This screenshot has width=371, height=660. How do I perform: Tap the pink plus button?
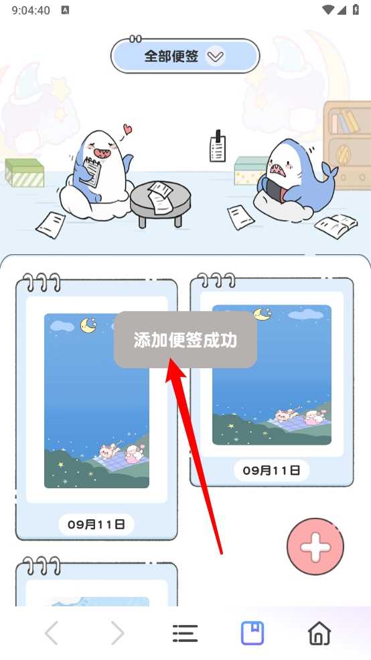[x=315, y=547]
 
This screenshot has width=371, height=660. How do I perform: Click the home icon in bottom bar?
[x=319, y=632]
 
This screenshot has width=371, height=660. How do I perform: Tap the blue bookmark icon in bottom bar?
[x=252, y=633]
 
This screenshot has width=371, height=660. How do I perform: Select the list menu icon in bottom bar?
[x=185, y=633]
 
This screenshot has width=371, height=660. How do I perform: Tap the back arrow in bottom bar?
[x=52, y=633]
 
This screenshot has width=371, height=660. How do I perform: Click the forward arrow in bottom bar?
[x=118, y=633]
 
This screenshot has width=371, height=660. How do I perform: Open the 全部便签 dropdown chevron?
[x=216, y=56]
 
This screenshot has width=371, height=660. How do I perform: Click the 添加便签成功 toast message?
[x=185, y=339]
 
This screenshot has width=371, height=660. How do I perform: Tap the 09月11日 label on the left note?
[x=96, y=524]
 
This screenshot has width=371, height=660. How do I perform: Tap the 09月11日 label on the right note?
[x=271, y=470]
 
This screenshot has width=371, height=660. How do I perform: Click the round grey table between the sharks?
[x=161, y=203]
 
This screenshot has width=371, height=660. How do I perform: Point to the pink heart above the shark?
[x=127, y=128]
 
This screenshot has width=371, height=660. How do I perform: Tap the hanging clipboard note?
[x=217, y=148]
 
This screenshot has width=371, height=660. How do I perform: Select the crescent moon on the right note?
[x=263, y=314]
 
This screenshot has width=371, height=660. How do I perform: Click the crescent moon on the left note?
[x=88, y=325]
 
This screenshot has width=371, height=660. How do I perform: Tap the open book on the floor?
[x=336, y=226]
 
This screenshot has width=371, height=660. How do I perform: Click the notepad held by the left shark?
[x=90, y=171]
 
